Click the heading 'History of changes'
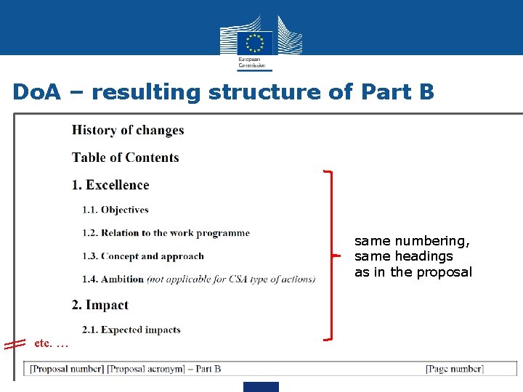click(128, 131)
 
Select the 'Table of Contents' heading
click(125, 158)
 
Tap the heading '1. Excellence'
click(110, 185)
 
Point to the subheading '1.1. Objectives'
click(115, 210)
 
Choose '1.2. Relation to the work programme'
click(166, 233)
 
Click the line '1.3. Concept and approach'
click(143, 256)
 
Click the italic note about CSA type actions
click(231, 279)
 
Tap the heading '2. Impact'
click(100, 305)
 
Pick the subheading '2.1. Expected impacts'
click(131, 330)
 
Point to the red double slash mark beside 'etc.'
click(15, 344)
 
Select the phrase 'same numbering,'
click(412, 240)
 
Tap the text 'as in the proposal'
click(413, 272)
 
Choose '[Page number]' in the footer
click(454, 369)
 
